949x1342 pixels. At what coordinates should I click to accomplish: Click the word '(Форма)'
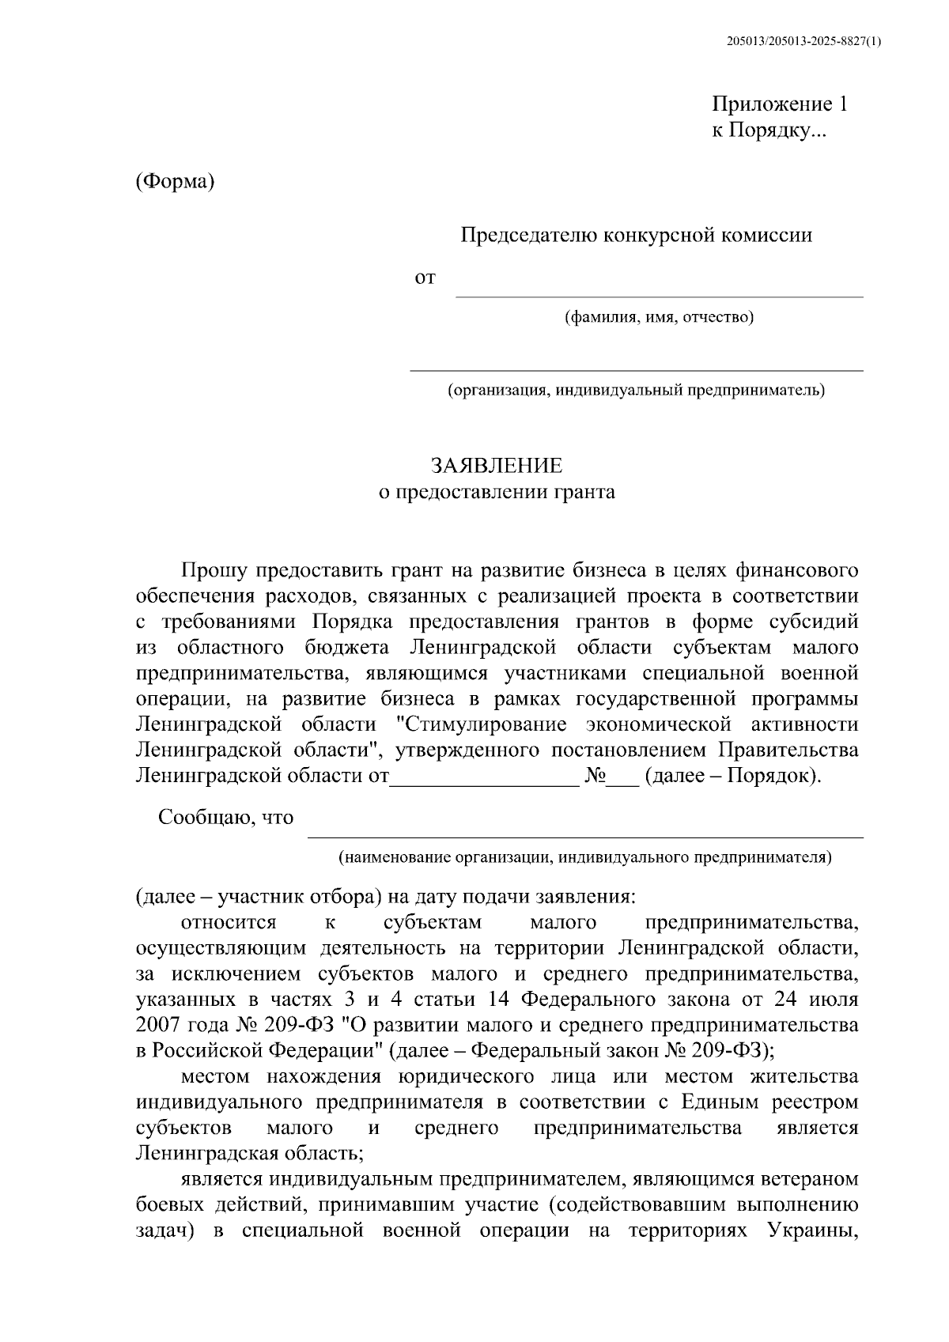[x=175, y=181]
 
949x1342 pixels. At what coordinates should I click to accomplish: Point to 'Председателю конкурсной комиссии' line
[x=637, y=235]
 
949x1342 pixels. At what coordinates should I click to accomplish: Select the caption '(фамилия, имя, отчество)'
[x=659, y=318]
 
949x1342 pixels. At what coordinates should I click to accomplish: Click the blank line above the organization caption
[x=636, y=366]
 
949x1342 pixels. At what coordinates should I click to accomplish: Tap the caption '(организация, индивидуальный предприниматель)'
[x=636, y=390]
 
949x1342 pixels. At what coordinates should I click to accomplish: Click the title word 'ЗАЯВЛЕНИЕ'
[x=497, y=465]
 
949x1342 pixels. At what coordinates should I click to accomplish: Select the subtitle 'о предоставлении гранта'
[x=497, y=492]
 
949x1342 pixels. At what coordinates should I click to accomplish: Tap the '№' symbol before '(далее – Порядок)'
[x=595, y=776]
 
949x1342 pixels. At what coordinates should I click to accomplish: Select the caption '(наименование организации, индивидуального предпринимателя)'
[x=584, y=857]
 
